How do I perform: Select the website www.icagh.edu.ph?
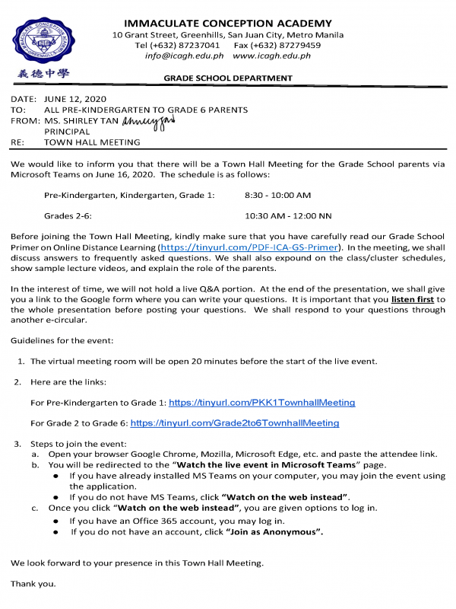[271, 56]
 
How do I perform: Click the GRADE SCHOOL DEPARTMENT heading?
[228, 78]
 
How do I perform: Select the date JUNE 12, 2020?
[75, 99]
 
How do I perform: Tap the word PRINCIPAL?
[67, 131]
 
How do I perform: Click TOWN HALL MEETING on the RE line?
[92, 142]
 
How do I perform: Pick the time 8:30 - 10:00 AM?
[277, 196]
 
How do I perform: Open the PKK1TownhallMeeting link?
[261, 402]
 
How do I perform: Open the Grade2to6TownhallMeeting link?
[235, 422]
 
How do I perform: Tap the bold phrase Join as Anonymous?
[274, 532]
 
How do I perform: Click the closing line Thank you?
[33, 585]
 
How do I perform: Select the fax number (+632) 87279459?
[288, 45]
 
